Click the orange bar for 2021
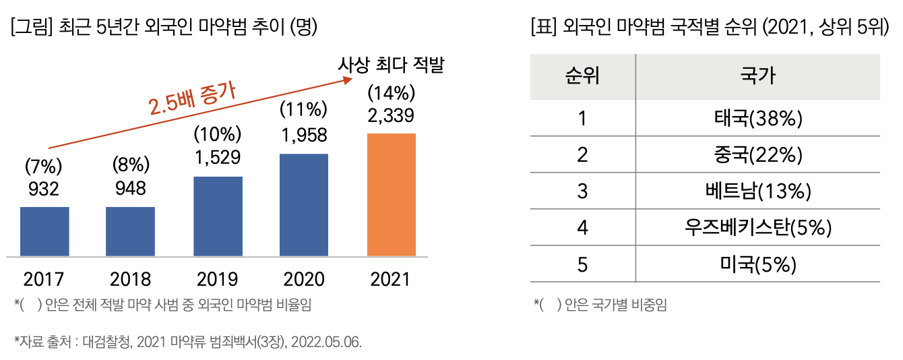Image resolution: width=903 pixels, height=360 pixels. click(391, 195)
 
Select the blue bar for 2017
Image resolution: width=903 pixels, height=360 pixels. click(44, 231)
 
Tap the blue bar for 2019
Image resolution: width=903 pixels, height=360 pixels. click(218, 216)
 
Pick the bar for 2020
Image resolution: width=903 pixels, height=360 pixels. click(304, 205)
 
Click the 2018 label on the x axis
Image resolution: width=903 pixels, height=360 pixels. click(131, 278)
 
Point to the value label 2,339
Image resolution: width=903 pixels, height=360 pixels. click(391, 115)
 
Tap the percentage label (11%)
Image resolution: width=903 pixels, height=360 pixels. click(304, 110)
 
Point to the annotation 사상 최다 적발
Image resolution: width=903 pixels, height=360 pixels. click(392, 66)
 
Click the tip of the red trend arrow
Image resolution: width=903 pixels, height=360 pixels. click(351, 78)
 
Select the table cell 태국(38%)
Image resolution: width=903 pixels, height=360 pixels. click(757, 119)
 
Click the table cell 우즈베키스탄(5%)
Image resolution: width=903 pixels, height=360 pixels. click(757, 228)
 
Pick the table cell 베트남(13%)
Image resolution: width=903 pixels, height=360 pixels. click(757, 191)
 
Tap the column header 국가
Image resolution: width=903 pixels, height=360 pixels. click(757, 76)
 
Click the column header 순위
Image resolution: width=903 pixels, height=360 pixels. click(582, 76)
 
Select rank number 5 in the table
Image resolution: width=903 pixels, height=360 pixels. click(582, 264)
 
